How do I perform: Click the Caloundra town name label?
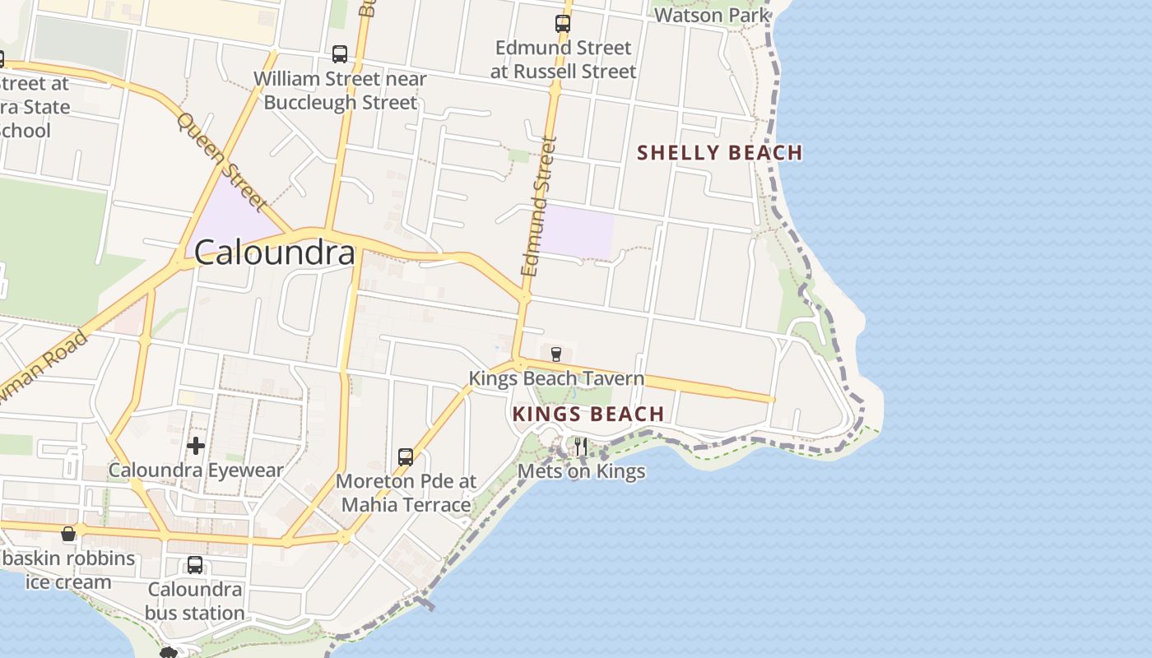pos(276,253)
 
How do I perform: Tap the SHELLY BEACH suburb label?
pos(720,153)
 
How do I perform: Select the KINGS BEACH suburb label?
pos(588,414)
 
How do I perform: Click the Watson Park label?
pos(713,15)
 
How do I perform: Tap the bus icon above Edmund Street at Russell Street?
pos(563,24)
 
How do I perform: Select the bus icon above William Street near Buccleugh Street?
pos(340,54)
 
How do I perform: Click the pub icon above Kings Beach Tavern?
pos(556,354)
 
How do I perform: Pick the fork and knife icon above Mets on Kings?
pos(581,447)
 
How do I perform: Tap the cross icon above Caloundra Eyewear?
pos(196,446)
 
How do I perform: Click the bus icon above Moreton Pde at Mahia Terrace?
pos(406,457)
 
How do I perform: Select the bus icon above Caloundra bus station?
pos(195,565)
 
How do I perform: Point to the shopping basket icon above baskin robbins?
pos(68,535)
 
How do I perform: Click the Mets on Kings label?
pos(581,472)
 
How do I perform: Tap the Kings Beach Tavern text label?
pos(556,379)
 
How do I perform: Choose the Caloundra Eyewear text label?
pos(196,471)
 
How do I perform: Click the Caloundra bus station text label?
pos(195,601)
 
